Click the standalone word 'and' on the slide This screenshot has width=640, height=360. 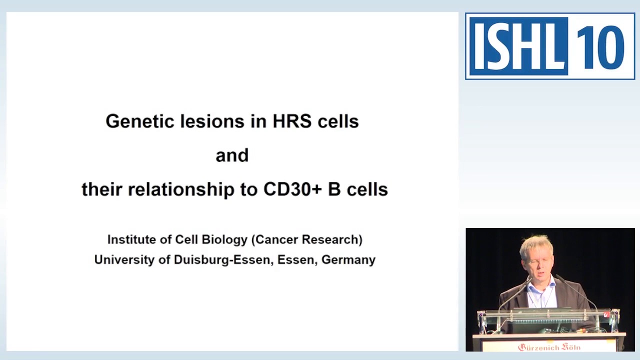tap(232, 155)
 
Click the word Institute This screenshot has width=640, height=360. tap(131, 239)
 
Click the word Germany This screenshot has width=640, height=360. tap(348, 260)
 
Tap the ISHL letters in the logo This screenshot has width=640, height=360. tap(517, 46)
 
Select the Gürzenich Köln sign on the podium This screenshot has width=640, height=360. tap(548, 346)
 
